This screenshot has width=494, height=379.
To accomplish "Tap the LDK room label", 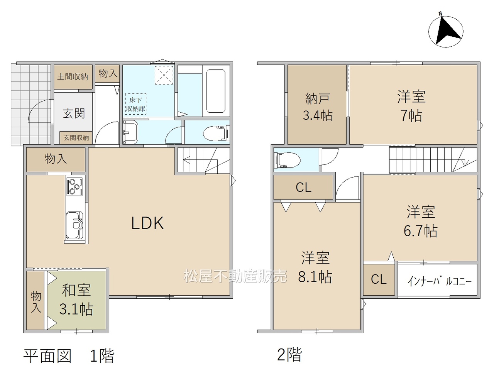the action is coord(147,223).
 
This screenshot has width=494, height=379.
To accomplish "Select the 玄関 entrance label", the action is coord(74,113).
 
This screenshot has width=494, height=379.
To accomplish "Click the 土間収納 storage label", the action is coord(73,77).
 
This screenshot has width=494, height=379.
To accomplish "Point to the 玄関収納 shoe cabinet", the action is coord(76,137).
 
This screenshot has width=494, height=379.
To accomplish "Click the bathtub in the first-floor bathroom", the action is coord(216,91).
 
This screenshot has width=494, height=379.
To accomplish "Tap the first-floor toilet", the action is coord(216,134).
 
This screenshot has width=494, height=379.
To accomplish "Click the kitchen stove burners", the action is coord(74,186).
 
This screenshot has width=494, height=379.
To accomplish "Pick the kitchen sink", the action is coord(74,225).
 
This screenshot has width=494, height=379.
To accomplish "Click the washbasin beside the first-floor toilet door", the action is coord(130,132).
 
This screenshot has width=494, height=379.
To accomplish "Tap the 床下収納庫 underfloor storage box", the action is coord(135,104).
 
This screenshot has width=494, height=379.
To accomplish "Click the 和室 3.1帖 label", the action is coord(76,299).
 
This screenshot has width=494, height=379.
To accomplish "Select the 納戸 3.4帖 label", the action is coord(318,107).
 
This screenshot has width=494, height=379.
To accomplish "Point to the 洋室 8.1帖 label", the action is coord(315,267).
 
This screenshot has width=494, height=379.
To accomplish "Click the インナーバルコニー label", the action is coord(440,281).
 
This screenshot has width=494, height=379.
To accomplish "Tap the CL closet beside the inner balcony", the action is coord(379,279).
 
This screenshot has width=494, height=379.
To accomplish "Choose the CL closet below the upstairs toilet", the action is coord(303,187).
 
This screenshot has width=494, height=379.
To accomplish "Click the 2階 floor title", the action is coord(289,355).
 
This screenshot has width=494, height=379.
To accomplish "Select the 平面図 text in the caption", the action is coord(48,356).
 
